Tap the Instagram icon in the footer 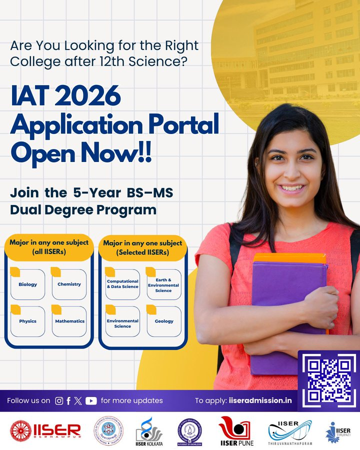coord(59,400)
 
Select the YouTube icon coord(91,400)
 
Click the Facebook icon coord(68,400)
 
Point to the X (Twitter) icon coord(78,400)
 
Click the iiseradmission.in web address coord(260,400)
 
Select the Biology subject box coord(28,284)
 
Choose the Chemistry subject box coord(69,284)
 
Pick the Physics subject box coord(28,321)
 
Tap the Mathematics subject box coord(69,321)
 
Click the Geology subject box coord(164,321)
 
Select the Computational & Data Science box coord(122,284)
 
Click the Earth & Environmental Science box coord(163,284)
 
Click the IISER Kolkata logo coord(148,431)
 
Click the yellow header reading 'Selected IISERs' coord(142,247)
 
